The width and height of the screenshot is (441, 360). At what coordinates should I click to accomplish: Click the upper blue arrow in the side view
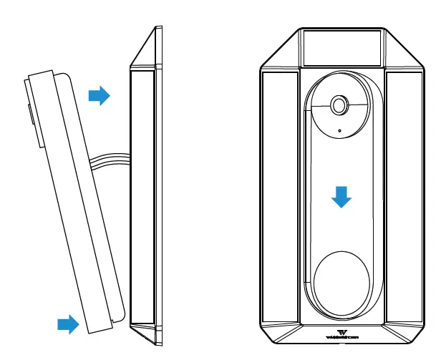coord(99,95)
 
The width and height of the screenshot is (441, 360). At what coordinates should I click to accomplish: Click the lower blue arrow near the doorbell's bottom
coord(68,324)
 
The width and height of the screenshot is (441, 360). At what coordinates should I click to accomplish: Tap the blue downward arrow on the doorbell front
coord(342,197)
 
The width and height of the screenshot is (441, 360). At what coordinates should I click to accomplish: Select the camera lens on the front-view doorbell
coord(339,105)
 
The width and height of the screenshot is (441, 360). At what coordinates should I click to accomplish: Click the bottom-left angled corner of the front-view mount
coord(275,333)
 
